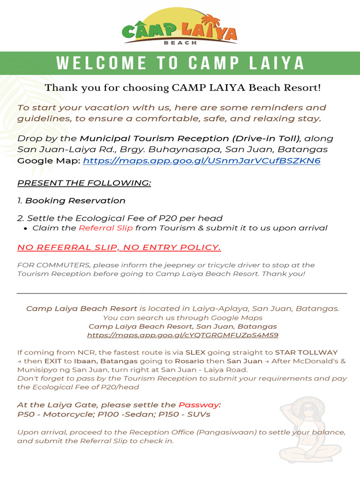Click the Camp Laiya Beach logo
(180, 27)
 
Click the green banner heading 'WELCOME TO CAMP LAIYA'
(180, 63)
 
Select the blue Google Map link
(202, 161)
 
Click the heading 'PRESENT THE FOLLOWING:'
(84, 182)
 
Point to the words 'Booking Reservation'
(75, 201)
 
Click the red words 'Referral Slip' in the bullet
(105, 228)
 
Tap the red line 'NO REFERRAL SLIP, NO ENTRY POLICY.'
(119, 247)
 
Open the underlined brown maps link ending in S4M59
(183, 335)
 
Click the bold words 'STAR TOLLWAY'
(306, 352)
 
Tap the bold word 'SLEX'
(195, 352)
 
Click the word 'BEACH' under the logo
(180, 42)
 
